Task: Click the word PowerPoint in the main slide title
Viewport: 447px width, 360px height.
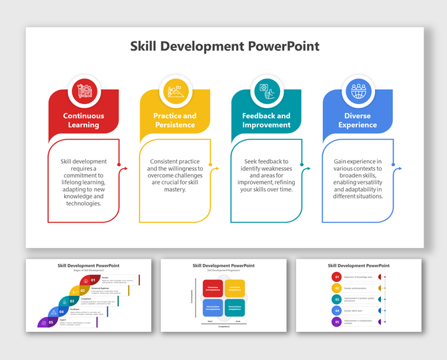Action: (283, 46)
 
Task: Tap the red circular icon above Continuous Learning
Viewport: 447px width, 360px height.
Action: (84, 90)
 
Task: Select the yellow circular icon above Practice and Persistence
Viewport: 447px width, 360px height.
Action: (175, 90)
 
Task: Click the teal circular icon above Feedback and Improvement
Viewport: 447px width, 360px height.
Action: (266, 90)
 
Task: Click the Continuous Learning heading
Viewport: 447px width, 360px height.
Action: (84, 120)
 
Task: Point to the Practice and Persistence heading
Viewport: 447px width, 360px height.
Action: (175, 120)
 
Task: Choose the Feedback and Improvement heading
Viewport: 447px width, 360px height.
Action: (266, 120)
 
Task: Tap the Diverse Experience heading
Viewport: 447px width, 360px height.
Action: (358, 120)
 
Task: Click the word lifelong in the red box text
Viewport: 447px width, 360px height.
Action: (73, 181)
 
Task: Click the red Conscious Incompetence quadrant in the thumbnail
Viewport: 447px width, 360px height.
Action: (212, 287)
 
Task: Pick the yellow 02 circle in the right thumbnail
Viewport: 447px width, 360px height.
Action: (338, 288)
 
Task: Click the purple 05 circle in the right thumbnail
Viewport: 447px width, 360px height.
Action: (338, 322)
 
